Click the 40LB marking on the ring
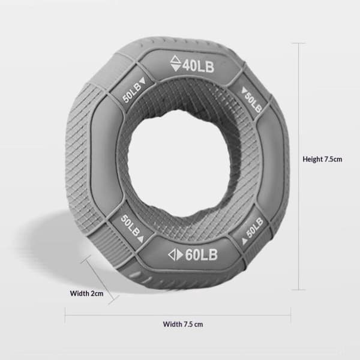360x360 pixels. coord(199,67)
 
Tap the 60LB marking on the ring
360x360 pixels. coord(201,254)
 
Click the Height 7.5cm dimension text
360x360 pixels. coord(322,159)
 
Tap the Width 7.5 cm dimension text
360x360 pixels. coord(183,324)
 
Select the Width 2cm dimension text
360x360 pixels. coord(86,293)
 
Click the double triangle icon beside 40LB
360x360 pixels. coord(176,63)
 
